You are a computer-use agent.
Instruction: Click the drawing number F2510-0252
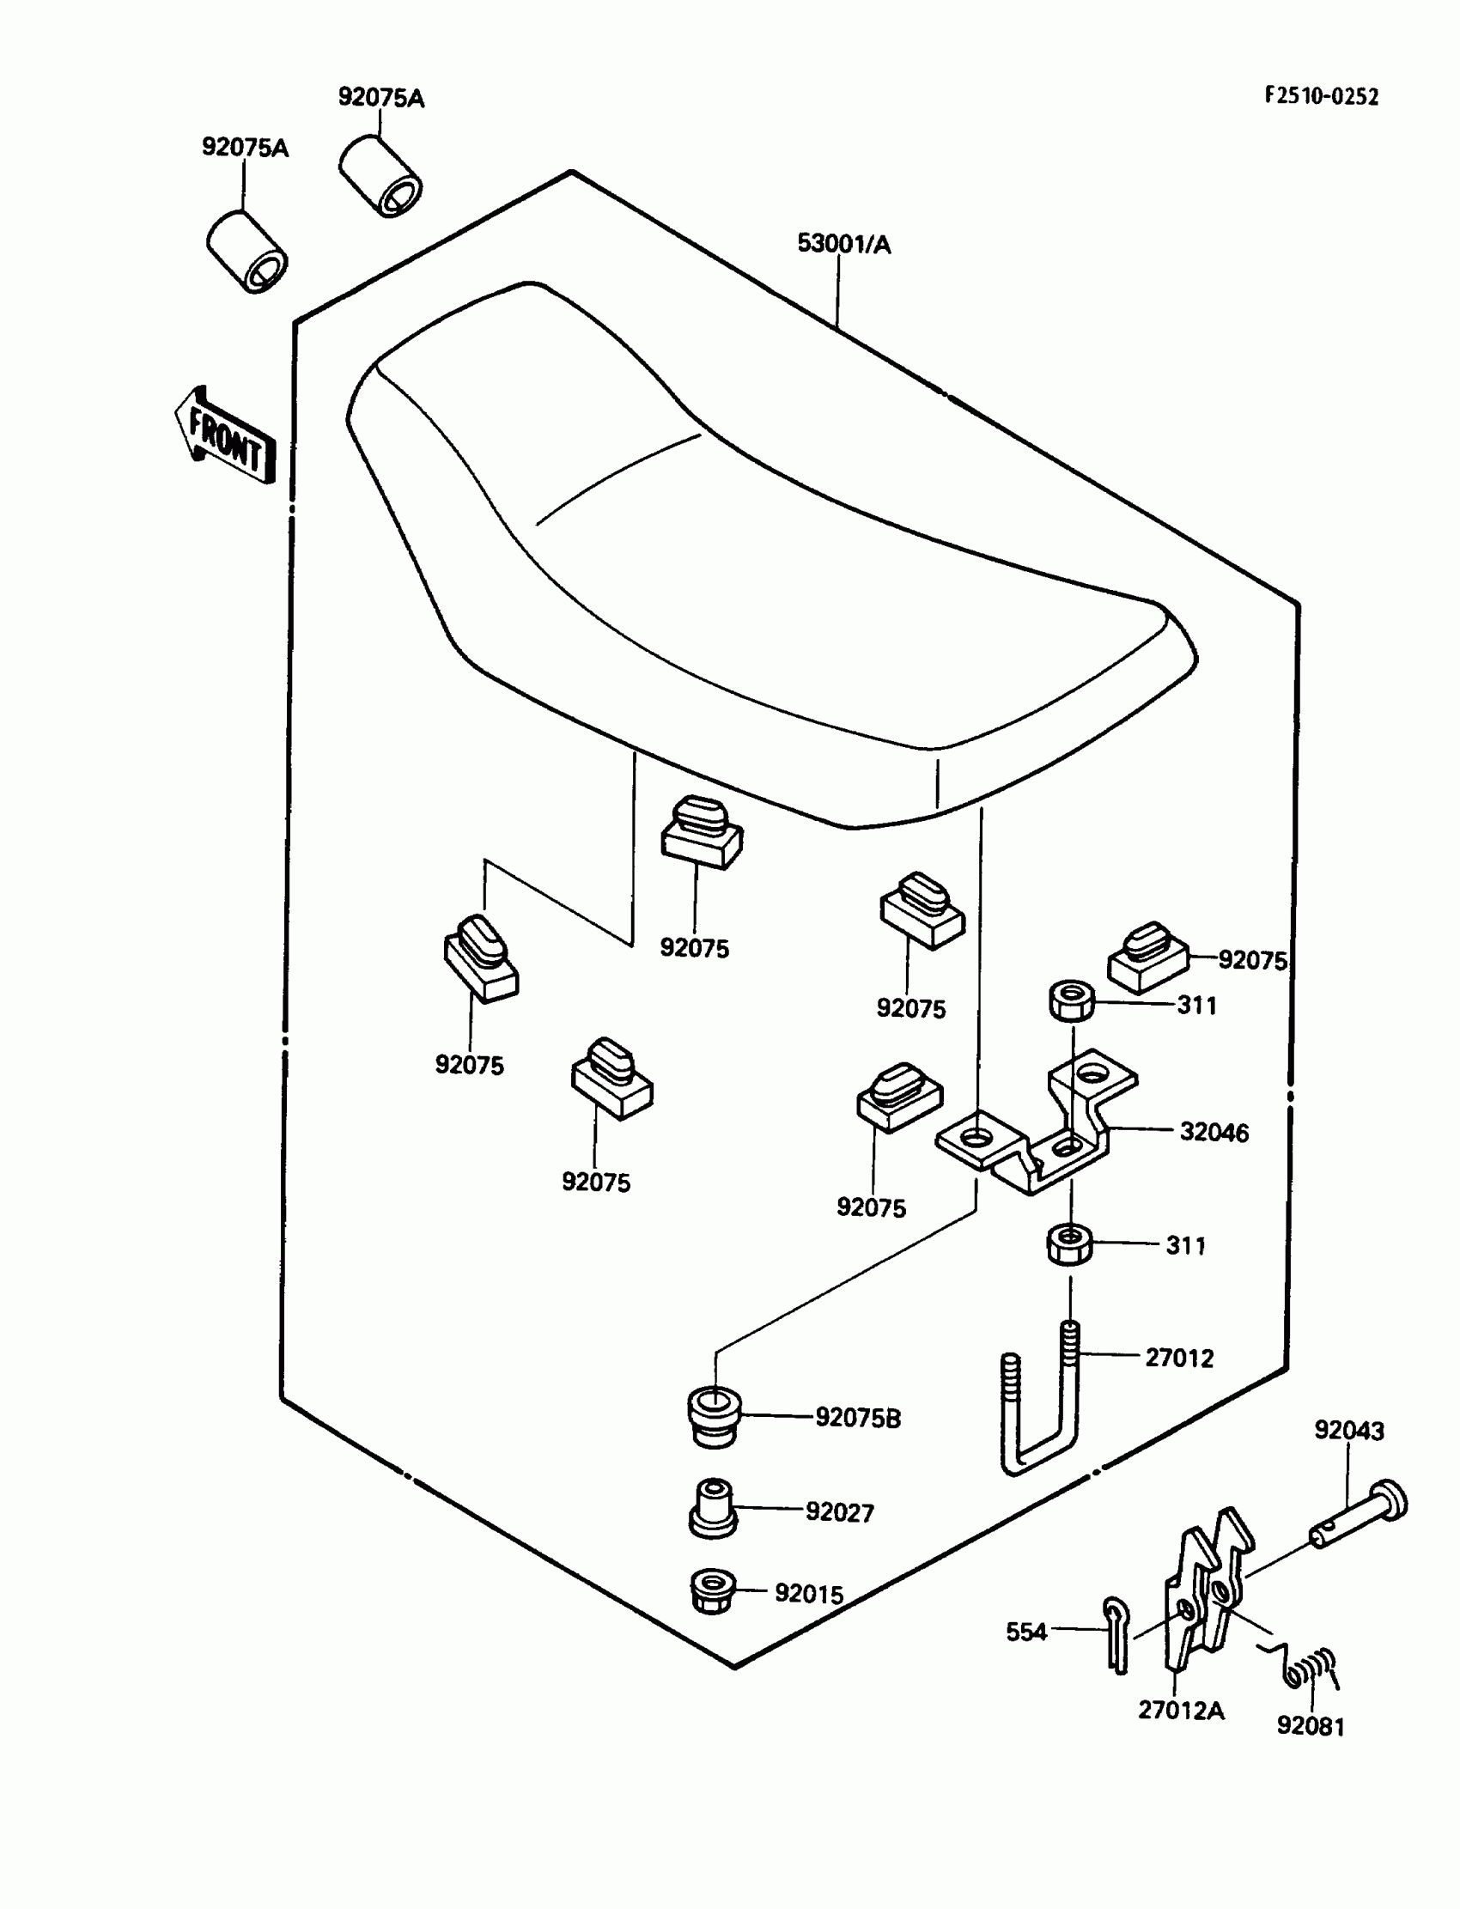pyautogui.click(x=1321, y=96)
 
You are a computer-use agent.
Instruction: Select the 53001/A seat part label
pyautogui.click(x=844, y=245)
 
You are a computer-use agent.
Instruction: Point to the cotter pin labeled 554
pyautogui.click(x=1116, y=1634)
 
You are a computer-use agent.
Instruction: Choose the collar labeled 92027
pyautogui.click(x=713, y=1511)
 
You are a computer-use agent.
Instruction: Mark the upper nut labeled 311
pyautogui.click(x=1072, y=1000)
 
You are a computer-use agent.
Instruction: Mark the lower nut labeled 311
pyautogui.click(x=1070, y=1244)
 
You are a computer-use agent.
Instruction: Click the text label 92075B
pyautogui.click(x=857, y=1418)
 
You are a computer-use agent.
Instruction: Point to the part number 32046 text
pyautogui.click(x=1214, y=1133)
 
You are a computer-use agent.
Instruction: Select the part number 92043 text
pyautogui.click(x=1348, y=1430)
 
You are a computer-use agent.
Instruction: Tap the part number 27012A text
pyautogui.click(x=1181, y=1711)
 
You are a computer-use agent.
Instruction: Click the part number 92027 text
pyautogui.click(x=838, y=1513)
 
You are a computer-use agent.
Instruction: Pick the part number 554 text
pyautogui.click(x=1026, y=1632)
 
